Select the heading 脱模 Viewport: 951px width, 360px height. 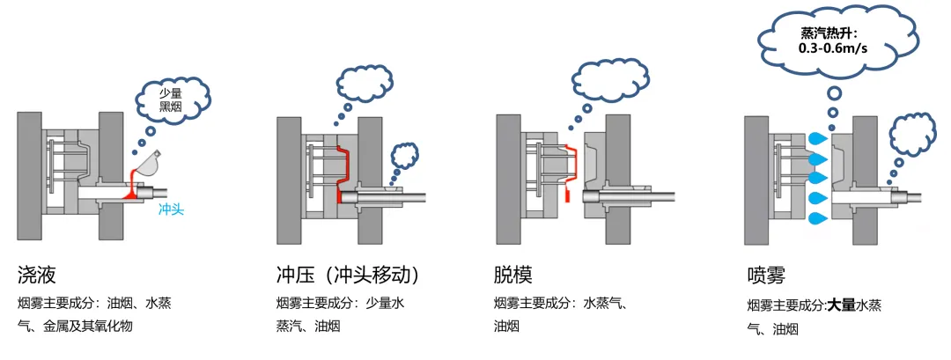point(512,275)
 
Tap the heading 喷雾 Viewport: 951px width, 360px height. point(765,276)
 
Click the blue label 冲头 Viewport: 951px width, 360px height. point(171,210)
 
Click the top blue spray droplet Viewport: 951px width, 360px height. point(819,139)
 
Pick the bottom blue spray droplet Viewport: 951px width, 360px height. point(819,217)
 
